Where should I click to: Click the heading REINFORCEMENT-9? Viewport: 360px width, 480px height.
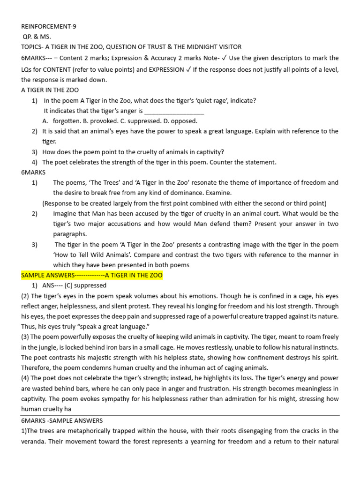pos(49,26)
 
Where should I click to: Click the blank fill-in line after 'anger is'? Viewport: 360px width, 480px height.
pos(174,111)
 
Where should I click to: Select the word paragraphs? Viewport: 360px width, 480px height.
pos(70,234)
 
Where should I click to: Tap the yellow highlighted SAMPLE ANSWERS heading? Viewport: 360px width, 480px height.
pos(92,275)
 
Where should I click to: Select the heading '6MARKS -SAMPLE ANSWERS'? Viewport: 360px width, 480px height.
pos(62,420)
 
